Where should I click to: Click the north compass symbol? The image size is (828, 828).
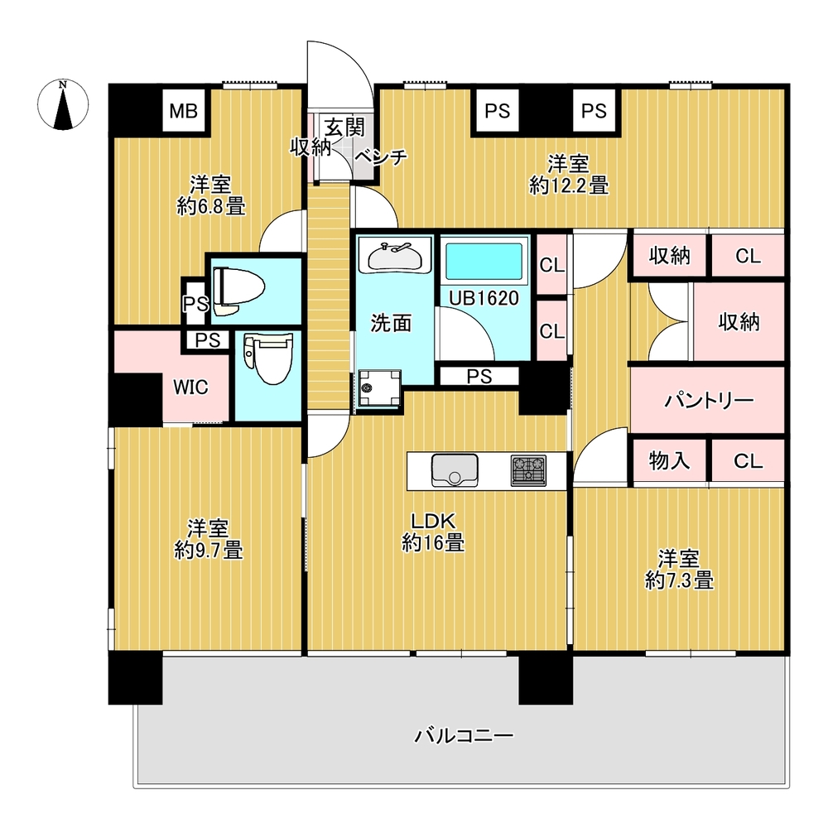click(63, 105)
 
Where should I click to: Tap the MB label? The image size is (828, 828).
click(184, 111)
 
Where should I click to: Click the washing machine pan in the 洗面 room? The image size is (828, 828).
click(378, 387)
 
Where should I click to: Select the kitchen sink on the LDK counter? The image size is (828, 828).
click(453, 471)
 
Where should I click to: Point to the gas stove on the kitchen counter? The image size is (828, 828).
click(528, 470)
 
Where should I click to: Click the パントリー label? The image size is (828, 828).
click(710, 401)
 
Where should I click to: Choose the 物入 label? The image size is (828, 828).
click(669, 460)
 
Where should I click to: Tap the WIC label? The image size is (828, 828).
click(190, 387)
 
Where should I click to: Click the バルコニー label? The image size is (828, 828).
click(465, 734)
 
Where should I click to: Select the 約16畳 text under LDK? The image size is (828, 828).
click(432, 544)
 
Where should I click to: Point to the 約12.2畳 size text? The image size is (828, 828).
click(569, 186)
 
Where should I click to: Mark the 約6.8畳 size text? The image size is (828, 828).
click(210, 207)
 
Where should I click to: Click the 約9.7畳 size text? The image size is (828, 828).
click(209, 550)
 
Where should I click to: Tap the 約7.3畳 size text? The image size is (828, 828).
click(679, 581)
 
